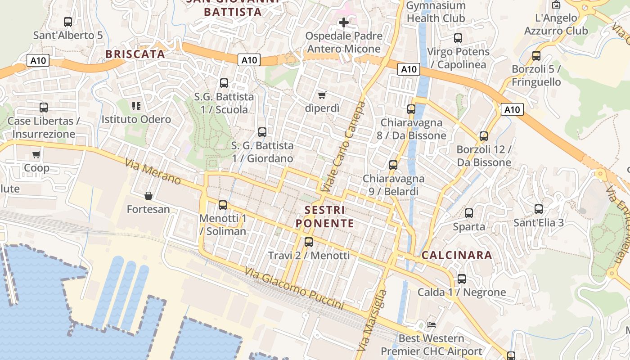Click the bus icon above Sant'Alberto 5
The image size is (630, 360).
(x=68, y=22)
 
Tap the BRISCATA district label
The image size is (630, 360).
(x=135, y=54)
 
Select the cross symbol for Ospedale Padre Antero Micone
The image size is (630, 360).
(x=344, y=22)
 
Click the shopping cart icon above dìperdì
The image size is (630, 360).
(x=322, y=95)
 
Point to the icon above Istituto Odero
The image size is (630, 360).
(x=136, y=106)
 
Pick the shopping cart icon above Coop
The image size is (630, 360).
(x=36, y=155)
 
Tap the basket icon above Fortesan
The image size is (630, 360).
(x=148, y=196)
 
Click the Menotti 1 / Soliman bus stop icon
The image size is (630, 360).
(x=222, y=205)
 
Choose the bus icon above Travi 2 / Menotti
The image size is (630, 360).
(x=308, y=242)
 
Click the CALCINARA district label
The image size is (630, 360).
(x=457, y=255)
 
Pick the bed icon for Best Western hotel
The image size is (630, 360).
(x=431, y=324)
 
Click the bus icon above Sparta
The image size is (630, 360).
(x=469, y=213)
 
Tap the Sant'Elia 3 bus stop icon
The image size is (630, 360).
(x=539, y=209)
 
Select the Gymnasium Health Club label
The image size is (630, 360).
(x=436, y=12)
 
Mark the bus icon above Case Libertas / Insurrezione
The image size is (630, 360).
(x=44, y=108)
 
